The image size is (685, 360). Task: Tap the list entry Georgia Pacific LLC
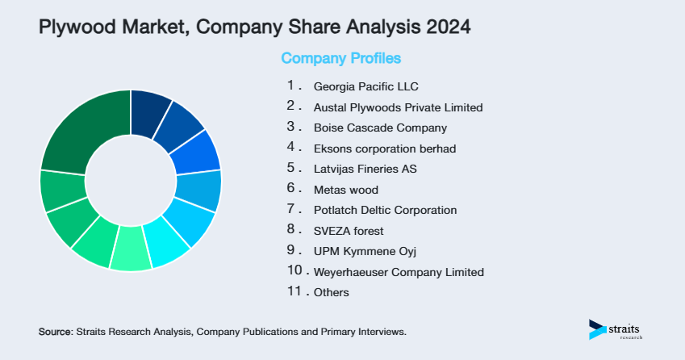[365, 86]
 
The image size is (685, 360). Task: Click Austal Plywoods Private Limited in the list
[398, 107]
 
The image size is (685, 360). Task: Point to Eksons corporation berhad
[385, 148]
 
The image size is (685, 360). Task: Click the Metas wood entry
[345, 190]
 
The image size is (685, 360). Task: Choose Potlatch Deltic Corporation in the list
[385, 210]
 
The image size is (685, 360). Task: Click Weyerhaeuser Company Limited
[399, 272]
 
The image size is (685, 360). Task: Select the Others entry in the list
[331, 292]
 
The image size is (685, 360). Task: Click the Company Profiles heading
[340, 58]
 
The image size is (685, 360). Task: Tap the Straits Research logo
[616, 329]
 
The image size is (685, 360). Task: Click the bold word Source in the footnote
[55, 332]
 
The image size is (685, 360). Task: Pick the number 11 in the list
[294, 291]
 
